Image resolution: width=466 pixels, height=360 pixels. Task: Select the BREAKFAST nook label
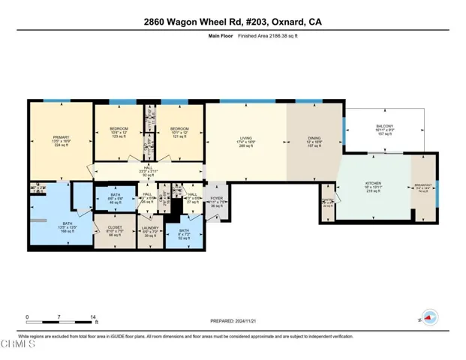[x=423, y=187]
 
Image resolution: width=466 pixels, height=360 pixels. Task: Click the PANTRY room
[x=326, y=201]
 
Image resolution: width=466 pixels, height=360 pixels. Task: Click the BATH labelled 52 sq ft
[x=184, y=235]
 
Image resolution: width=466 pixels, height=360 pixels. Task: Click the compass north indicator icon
[x=428, y=318]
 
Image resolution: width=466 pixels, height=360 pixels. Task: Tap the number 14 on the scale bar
[x=93, y=317]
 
